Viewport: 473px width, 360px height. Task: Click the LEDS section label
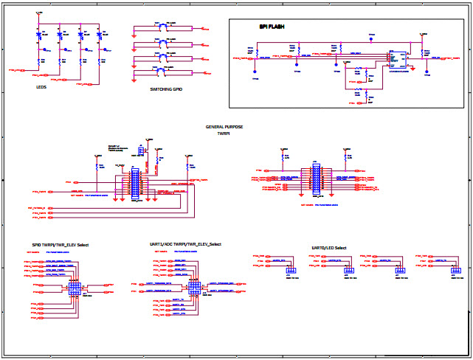point(41,87)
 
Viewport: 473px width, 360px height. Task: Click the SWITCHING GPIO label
point(166,89)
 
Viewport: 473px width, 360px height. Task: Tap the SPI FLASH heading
point(272,27)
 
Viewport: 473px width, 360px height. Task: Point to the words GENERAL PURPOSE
point(224,127)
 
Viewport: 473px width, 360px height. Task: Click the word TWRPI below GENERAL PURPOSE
point(224,134)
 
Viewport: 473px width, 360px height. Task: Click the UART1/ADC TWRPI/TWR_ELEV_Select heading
point(184,244)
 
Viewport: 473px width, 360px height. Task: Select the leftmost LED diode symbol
point(38,35)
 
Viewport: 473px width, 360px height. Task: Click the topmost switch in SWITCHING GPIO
point(159,27)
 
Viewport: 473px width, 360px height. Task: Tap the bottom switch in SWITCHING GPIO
point(159,70)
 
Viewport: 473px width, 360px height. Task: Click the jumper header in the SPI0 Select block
point(75,287)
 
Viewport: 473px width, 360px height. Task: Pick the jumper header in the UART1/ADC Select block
point(195,286)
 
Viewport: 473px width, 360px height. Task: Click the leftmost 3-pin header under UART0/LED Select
point(289,269)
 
